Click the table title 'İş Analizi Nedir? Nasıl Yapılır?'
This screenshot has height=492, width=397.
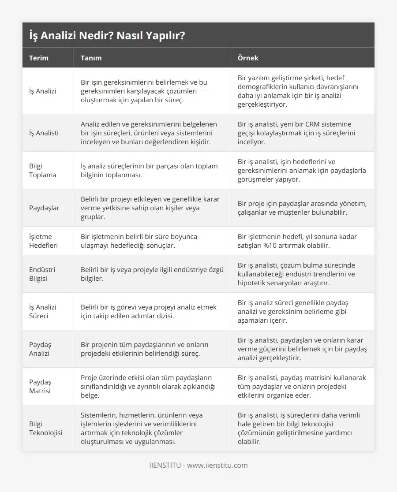107,36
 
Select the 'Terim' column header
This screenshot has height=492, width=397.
39,58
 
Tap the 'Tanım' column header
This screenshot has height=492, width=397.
91,58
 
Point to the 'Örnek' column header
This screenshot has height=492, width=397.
248,58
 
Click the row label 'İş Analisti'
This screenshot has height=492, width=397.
44,133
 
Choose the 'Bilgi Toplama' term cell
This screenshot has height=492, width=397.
43,170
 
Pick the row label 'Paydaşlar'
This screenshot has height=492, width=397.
44,208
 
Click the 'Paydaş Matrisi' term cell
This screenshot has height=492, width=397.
40,386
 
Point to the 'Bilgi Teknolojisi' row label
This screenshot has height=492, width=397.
46,428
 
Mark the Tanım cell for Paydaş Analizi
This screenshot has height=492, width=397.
145,349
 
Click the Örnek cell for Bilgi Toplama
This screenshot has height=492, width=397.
302,170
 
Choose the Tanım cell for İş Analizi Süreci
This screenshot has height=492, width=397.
149,311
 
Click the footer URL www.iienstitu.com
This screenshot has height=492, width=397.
217,465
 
